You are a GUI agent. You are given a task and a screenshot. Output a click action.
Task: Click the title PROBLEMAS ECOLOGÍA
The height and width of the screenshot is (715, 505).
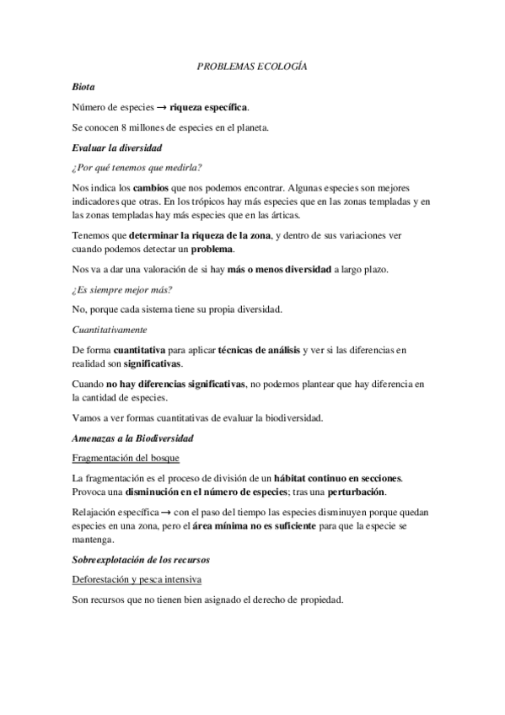252,65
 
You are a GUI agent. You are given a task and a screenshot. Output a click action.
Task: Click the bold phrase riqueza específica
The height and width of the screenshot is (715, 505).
208,107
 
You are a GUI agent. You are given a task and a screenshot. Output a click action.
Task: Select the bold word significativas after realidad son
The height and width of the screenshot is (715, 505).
152,363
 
